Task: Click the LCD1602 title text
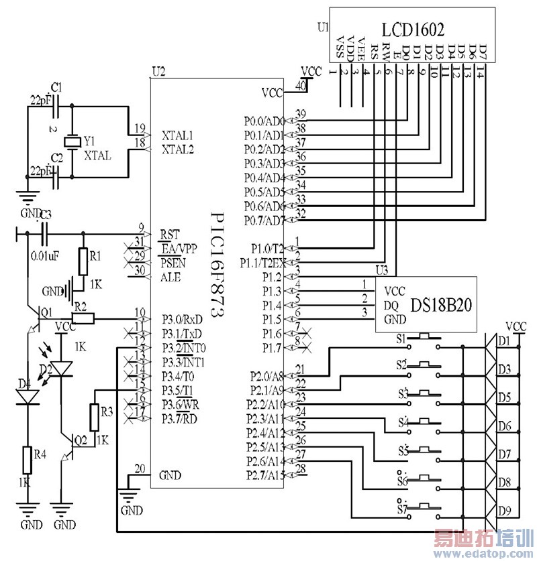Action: [413, 29]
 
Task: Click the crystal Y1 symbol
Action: [71, 142]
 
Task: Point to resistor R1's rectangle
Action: [83, 261]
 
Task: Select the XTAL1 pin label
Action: [178, 135]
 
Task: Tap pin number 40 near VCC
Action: [301, 85]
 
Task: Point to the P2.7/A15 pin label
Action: [264, 475]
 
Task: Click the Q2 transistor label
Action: [80, 440]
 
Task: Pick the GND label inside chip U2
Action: [170, 475]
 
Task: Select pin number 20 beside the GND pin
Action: [139, 469]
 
